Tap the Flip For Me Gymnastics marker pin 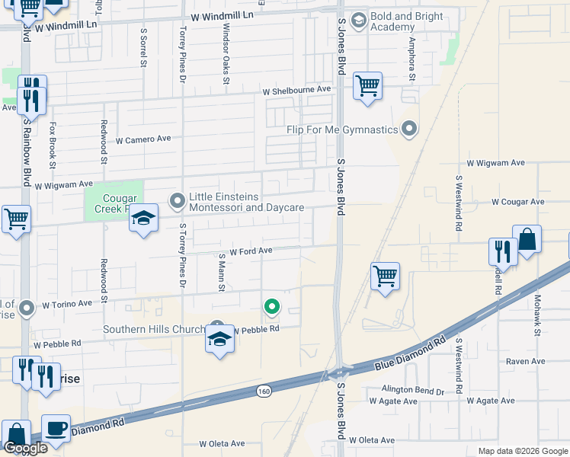coord(410,129)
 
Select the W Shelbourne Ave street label coord(297,90)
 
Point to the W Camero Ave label coord(143,140)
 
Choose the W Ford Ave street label coord(251,251)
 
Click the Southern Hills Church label coord(154,330)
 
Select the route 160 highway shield coord(264,391)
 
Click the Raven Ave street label coord(527,361)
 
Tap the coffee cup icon coord(55,427)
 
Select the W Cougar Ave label coord(518,202)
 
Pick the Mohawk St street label coord(537,315)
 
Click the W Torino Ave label coord(67,303)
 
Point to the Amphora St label coord(411,58)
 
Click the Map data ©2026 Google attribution coord(522,451)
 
